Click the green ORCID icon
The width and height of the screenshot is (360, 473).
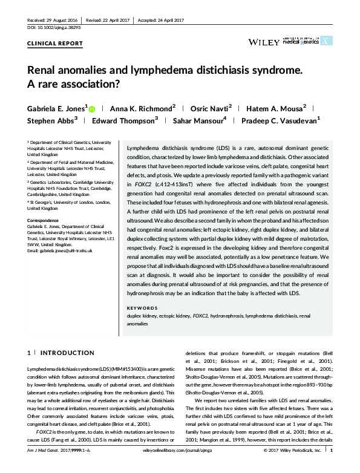coord(92,109)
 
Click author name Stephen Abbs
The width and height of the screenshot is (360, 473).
coord(51,121)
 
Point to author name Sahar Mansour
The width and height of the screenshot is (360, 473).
coord(200,121)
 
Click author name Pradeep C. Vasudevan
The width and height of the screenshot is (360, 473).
coord(282,121)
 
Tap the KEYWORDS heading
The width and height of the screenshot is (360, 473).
coord(143,308)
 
